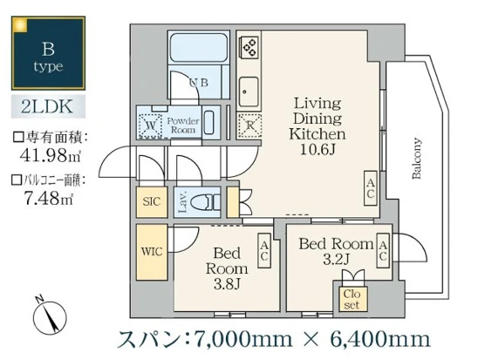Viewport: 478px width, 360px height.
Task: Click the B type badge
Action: (x=48, y=53)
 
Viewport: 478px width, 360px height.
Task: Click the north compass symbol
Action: (x=45, y=311)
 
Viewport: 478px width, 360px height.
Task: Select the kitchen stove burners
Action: (x=249, y=45)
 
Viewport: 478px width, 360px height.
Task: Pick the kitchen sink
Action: (x=248, y=89)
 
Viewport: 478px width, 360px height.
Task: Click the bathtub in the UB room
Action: (x=198, y=48)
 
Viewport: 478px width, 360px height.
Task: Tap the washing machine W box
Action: (x=151, y=124)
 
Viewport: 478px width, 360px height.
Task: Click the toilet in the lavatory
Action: (x=206, y=202)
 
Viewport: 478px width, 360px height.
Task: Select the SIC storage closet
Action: (x=152, y=201)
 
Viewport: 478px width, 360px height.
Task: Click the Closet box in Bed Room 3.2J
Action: (x=352, y=299)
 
